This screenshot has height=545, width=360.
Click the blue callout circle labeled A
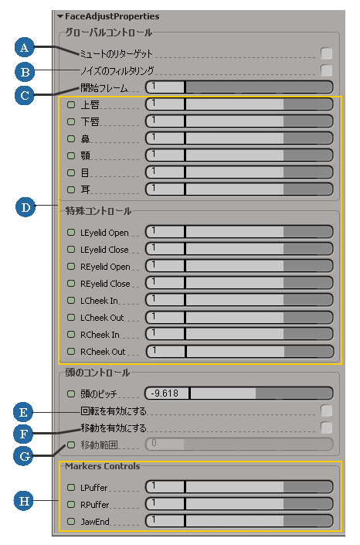[24, 47]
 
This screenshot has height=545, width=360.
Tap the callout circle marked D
[25, 207]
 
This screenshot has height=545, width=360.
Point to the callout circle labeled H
[24, 501]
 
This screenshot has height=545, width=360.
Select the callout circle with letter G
[23, 455]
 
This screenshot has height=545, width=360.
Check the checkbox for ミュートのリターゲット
[326, 53]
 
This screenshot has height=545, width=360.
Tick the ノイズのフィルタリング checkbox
[326, 70]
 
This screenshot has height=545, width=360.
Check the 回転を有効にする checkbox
[326, 410]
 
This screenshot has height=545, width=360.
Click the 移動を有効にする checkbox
[326, 427]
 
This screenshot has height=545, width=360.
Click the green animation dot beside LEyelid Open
[71, 232]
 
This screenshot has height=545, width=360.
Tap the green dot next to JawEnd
[71, 521]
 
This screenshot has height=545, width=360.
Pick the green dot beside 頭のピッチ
[71, 393]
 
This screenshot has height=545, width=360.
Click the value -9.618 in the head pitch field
[165, 393]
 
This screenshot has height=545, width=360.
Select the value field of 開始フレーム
[165, 87]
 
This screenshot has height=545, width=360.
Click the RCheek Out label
[103, 352]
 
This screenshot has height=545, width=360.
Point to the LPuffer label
[93, 488]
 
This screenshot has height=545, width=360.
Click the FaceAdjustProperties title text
[112, 16]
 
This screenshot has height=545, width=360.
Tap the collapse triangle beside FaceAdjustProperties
[60, 16]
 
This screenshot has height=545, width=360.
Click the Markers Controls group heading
[103, 466]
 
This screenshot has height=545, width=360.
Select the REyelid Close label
[105, 284]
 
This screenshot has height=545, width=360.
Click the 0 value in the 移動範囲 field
[154, 443]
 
